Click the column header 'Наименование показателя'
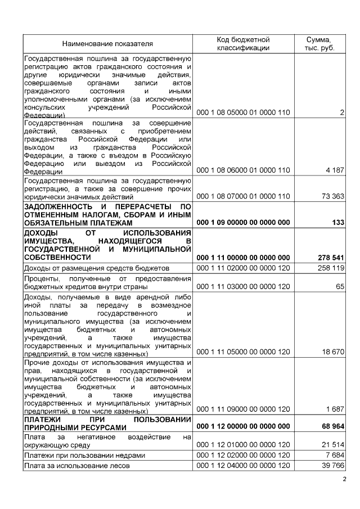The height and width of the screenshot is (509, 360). (x=107, y=43)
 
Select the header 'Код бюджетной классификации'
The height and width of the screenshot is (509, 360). (x=243, y=43)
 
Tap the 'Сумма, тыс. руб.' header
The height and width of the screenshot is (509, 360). (x=319, y=43)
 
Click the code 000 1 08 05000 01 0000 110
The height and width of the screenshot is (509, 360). (x=243, y=113)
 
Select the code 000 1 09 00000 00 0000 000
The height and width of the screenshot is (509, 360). (x=243, y=223)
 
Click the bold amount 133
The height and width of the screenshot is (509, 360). (x=338, y=223)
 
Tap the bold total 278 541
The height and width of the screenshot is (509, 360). (x=331, y=258)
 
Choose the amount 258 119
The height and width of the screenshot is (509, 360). (x=331, y=268)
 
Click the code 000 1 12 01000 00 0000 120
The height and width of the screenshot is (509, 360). (x=243, y=445)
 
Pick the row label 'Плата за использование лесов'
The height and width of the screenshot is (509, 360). (x=76, y=466)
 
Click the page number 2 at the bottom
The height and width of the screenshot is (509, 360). (x=345, y=479)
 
